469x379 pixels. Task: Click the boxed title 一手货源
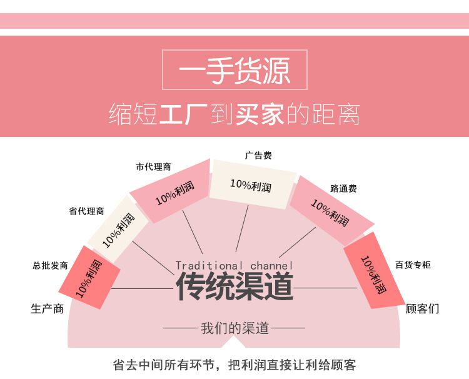tap(234, 71)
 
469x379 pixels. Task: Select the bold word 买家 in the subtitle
tap(260, 114)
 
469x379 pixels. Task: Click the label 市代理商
tap(153, 167)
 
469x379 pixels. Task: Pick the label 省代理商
tap(86, 211)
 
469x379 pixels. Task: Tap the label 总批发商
tap(50, 266)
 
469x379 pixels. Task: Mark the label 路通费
tap(343, 188)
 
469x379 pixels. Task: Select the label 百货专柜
tap(413, 265)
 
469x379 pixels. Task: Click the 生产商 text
tap(48, 308)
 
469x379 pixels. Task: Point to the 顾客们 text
tap(423, 308)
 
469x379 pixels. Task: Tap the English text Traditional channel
tap(234, 266)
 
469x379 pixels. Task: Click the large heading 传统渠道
tap(234, 286)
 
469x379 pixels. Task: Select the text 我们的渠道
tap(234, 328)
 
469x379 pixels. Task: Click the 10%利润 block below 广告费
tap(251, 184)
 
